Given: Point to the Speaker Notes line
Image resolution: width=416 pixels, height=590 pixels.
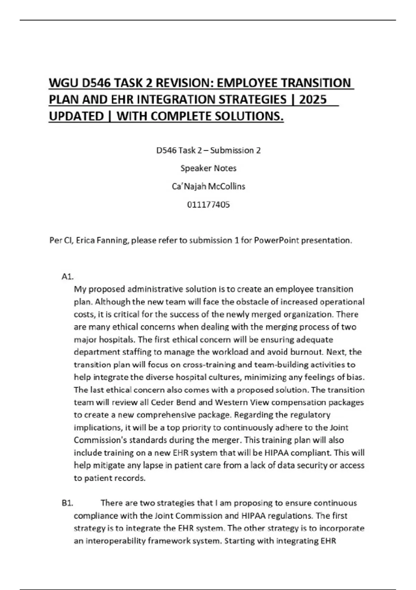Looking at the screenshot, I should (208, 168).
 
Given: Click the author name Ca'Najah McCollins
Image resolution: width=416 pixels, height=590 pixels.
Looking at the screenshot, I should (208, 186).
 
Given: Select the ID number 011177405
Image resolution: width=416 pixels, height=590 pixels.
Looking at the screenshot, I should (208, 205).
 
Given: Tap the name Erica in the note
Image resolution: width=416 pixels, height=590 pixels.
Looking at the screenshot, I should (86, 241).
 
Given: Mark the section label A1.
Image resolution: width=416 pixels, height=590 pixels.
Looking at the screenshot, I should (67, 277).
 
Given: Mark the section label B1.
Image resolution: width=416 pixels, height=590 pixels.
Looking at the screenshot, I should (67, 503).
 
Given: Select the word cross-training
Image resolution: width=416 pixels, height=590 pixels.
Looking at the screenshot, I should (209, 365).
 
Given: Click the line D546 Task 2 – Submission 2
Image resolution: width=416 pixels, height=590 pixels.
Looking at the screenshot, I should (208, 151).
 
